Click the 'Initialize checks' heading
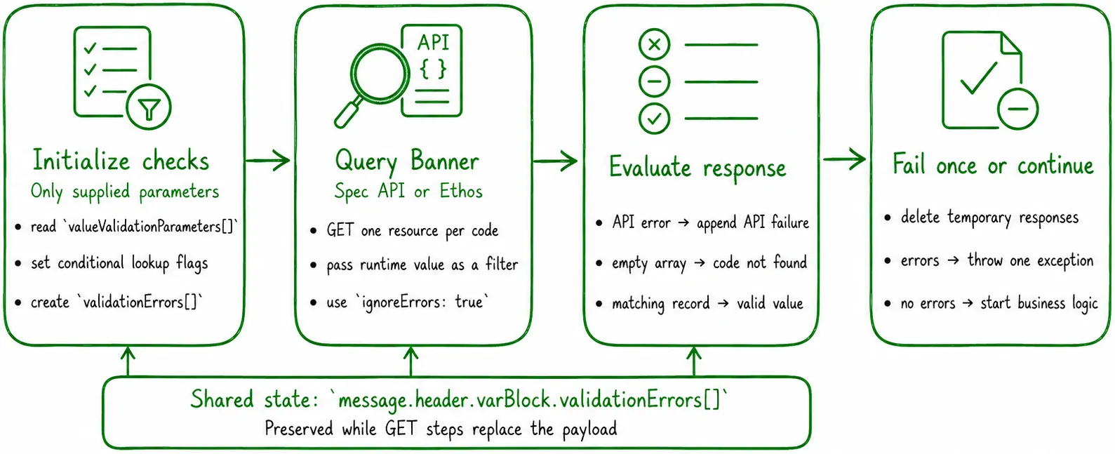(121, 161)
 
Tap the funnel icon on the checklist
(149, 107)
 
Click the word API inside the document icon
(433, 42)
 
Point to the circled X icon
(654, 44)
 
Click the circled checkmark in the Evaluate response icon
(654, 119)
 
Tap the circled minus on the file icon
(1018, 109)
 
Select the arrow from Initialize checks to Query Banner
(268, 160)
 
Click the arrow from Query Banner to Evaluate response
(556, 160)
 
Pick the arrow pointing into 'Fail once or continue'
(845, 159)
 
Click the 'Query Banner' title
(407, 161)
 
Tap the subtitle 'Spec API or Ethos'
(408, 191)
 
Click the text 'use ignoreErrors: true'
(408, 302)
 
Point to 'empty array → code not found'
(709, 263)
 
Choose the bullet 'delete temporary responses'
(989, 218)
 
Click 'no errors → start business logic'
(999, 303)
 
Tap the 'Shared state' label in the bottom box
(254, 399)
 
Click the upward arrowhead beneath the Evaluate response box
(694, 354)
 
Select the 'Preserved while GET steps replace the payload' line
(441, 429)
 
